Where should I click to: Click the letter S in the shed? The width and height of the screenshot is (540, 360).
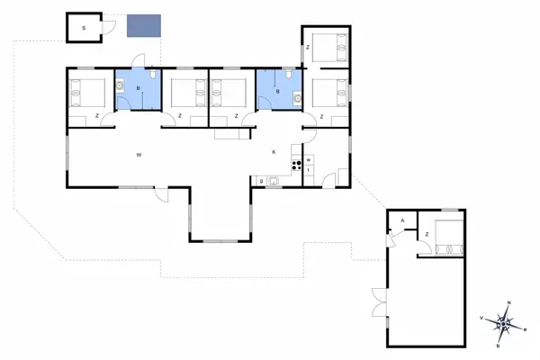(x=83, y=29)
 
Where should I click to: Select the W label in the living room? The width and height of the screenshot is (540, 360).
(x=139, y=156)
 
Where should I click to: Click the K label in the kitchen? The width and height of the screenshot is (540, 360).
(x=274, y=152)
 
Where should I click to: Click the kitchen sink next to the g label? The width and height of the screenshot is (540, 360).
(x=274, y=181)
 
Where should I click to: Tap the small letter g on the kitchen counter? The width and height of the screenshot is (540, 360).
(x=261, y=181)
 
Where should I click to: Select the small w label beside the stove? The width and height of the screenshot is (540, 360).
(x=309, y=160)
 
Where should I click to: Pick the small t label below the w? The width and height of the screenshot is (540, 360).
(x=309, y=169)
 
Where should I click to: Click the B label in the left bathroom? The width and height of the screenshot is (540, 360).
(x=137, y=89)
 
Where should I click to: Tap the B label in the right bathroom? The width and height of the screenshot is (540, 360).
(x=277, y=91)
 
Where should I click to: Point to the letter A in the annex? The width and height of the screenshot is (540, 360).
(x=401, y=220)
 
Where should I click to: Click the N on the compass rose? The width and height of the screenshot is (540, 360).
(x=509, y=303)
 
